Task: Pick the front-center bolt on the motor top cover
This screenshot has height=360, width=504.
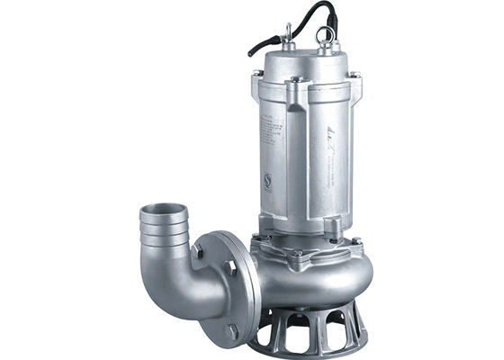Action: [295, 81]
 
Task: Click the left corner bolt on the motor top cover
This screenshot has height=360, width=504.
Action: [258, 73]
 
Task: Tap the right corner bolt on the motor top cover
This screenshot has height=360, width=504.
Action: [354, 76]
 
